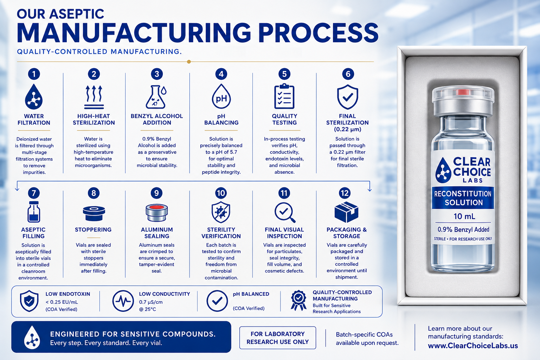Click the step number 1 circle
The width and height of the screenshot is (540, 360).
[x=34, y=74]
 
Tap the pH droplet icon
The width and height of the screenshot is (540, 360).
[x=221, y=97]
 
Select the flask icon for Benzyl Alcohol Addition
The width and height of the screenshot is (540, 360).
[x=156, y=97]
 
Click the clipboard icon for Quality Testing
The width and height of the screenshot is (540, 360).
[x=284, y=96]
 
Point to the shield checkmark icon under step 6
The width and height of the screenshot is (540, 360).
[x=347, y=97]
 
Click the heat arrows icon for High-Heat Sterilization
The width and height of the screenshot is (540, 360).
[x=94, y=97]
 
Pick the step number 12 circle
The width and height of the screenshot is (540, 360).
[x=345, y=193]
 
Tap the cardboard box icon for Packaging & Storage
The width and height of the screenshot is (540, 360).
[x=346, y=212]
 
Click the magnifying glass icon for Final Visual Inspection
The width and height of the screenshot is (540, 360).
[x=285, y=212]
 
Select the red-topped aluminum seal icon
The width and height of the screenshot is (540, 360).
[x=156, y=213]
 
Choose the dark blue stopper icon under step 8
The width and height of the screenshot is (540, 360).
[x=94, y=213]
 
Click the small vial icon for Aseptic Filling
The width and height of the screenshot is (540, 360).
[x=34, y=212]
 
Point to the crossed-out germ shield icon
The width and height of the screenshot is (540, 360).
[x=221, y=212]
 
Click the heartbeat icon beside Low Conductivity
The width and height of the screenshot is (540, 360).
[x=123, y=301]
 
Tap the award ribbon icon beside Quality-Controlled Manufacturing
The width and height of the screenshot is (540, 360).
[x=298, y=301]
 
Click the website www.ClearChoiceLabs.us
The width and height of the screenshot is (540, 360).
[x=473, y=346]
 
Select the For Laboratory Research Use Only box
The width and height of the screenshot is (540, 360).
[x=277, y=337]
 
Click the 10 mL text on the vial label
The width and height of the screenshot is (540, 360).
[x=464, y=216]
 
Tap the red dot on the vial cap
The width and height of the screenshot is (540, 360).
[x=463, y=92]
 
